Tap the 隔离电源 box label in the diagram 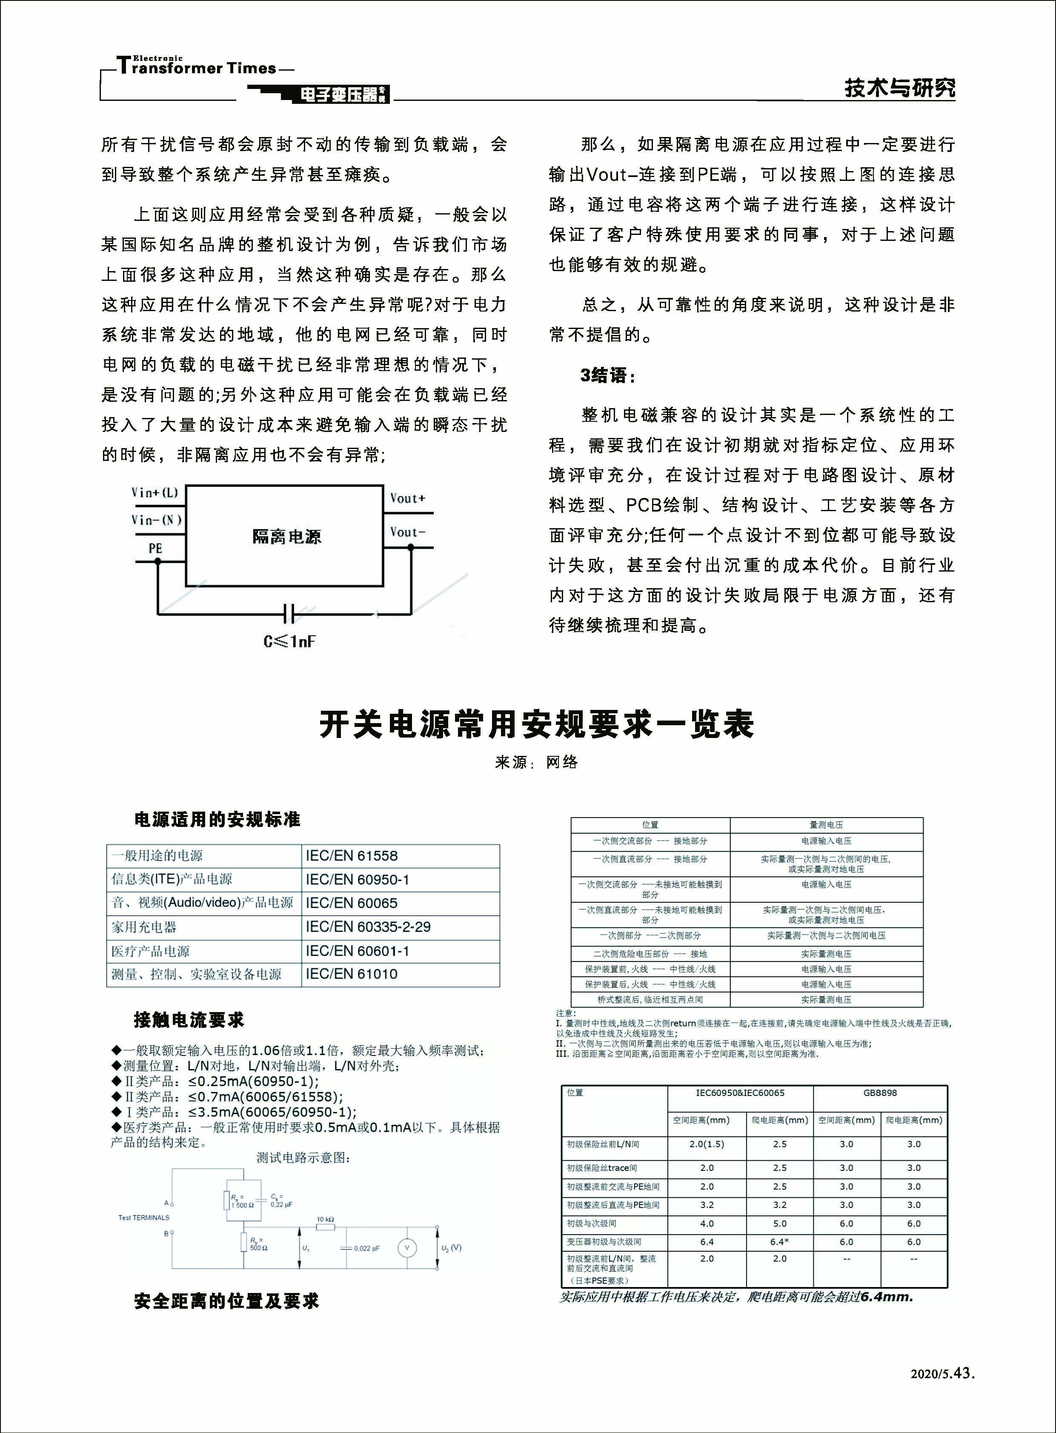coord(286,537)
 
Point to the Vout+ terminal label coord(407,498)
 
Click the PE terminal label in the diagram coord(155,548)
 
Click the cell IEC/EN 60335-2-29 coord(368,927)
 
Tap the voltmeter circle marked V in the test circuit coord(407,1247)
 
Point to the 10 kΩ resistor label coord(325,1219)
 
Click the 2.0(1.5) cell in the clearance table coord(707,1144)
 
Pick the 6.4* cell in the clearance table coord(779,1242)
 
